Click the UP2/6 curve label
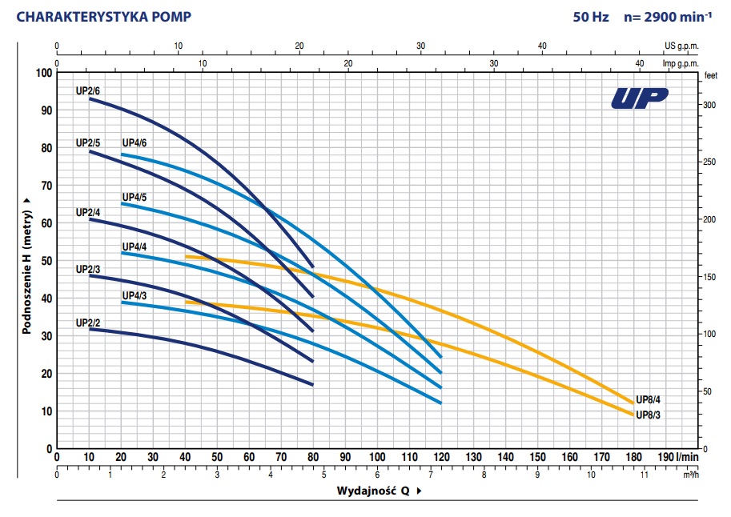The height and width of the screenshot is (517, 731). tap(87, 90)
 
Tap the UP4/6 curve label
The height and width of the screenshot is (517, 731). tap(134, 143)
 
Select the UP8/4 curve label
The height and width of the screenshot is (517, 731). tap(648, 400)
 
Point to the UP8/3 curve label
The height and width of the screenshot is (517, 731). tap(648, 415)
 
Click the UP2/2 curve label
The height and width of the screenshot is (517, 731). tap(87, 323)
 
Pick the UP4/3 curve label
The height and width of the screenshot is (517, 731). tap(134, 295)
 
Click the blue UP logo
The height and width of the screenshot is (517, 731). tap(639, 97)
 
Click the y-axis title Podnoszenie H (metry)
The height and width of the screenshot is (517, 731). tap(26, 267)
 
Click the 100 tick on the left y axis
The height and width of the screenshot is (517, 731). tap(42, 73)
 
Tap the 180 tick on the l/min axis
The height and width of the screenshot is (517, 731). tap(633, 458)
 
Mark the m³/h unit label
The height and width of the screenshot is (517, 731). tap(691, 474)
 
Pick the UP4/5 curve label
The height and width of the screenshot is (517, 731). tap(134, 197)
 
